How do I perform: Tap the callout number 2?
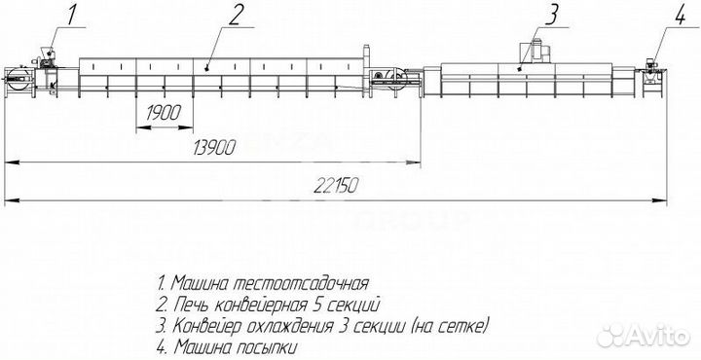[236, 15]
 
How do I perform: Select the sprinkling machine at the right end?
[651, 73]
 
